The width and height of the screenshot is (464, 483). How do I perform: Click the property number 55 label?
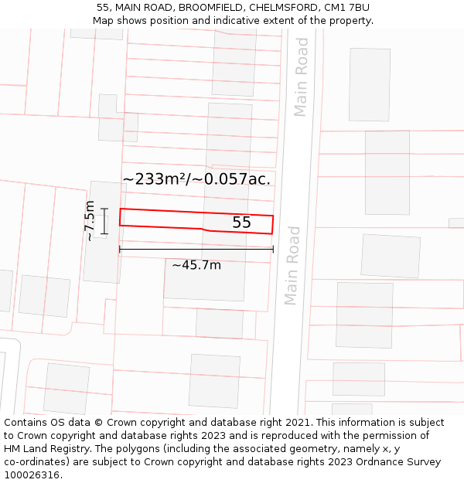(241, 223)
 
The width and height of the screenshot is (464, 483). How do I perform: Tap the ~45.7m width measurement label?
(196, 265)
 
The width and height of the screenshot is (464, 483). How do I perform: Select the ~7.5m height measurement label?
(90, 221)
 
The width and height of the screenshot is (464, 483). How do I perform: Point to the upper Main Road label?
(301, 77)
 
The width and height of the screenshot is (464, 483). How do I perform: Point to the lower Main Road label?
(292, 265)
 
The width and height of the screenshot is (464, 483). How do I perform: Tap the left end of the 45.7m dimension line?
(119, 249)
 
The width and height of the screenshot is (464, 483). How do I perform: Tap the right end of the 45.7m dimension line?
(273, 249)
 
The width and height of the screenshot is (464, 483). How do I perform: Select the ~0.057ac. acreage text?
(232, 179)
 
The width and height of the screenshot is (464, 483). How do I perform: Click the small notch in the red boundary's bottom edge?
(203, 230)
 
